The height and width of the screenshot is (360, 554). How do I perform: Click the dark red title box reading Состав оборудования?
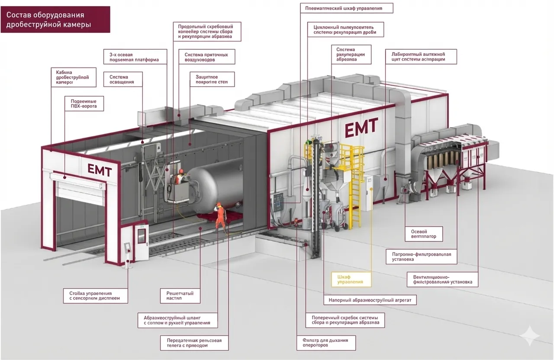(55, 20)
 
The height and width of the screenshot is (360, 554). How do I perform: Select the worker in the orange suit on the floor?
(220, 217)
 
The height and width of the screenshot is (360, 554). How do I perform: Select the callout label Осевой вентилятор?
(424, 234)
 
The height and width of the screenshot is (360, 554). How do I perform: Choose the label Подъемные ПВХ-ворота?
(84, 103)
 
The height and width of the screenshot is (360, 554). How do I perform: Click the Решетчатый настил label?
(180, 296)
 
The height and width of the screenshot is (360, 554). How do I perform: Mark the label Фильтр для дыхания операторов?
(326, 343)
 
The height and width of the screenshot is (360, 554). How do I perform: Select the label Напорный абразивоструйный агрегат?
(370, 299)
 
